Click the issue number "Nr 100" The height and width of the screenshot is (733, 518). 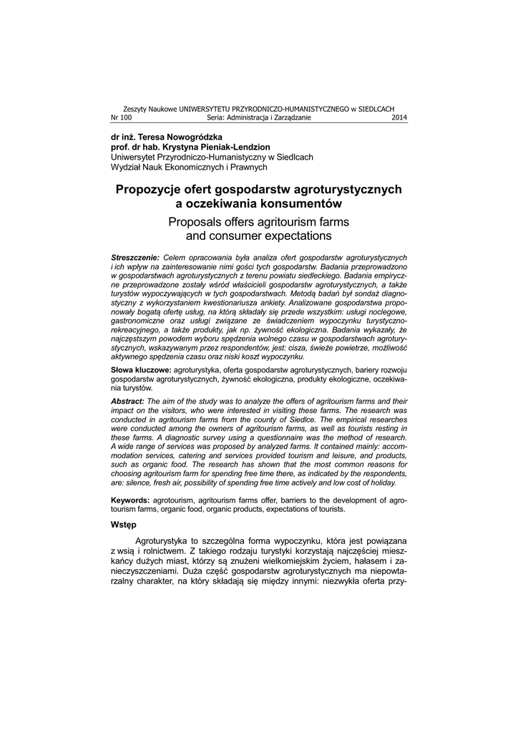122,117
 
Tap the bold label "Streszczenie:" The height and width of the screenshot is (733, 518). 135,257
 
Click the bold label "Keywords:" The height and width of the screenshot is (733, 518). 130,499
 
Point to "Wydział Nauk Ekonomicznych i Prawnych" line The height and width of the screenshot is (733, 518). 189,167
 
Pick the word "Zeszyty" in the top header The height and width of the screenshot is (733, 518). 135,108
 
